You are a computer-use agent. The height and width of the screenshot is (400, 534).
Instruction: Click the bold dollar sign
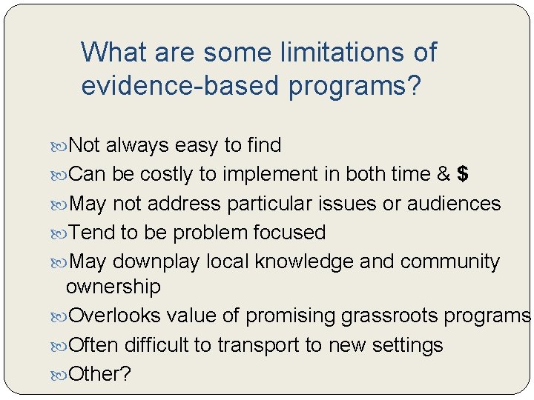pos(463,174)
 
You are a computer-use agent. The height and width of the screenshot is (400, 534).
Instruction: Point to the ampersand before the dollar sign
pos(444,174)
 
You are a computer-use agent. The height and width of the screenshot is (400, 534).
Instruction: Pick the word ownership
pos(113,287)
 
